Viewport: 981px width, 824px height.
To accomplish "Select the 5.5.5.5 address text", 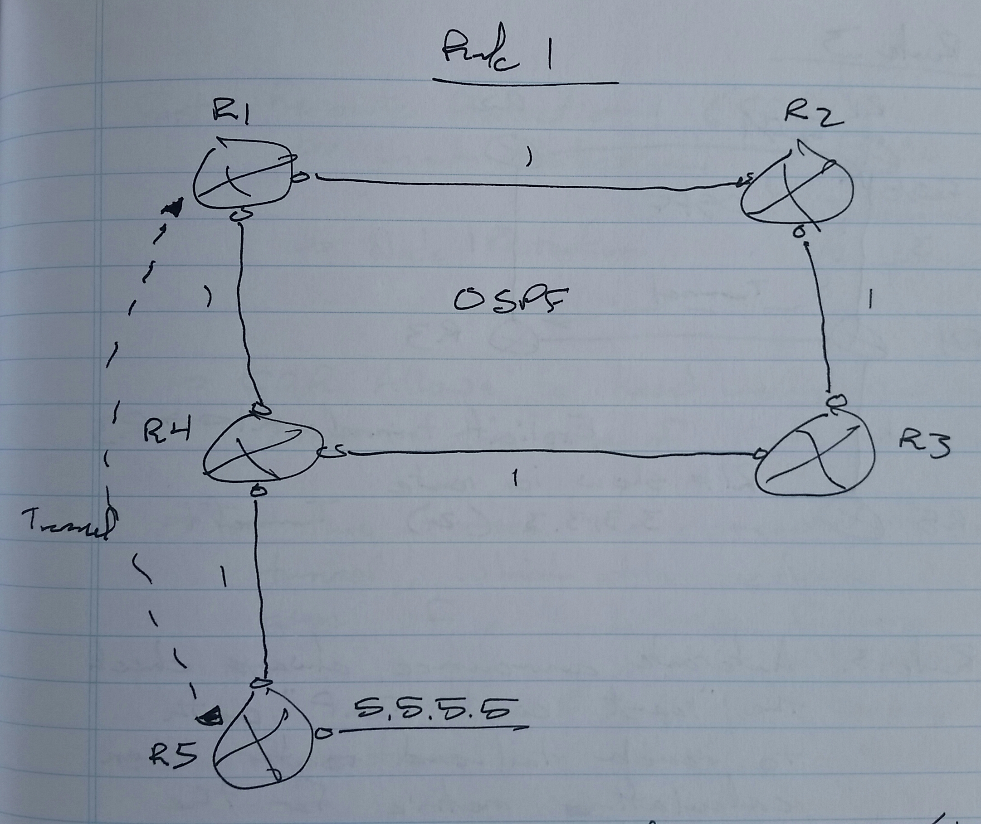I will (x=430, y=710).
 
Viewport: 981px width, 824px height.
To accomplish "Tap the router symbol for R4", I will (x=262, y=452).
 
